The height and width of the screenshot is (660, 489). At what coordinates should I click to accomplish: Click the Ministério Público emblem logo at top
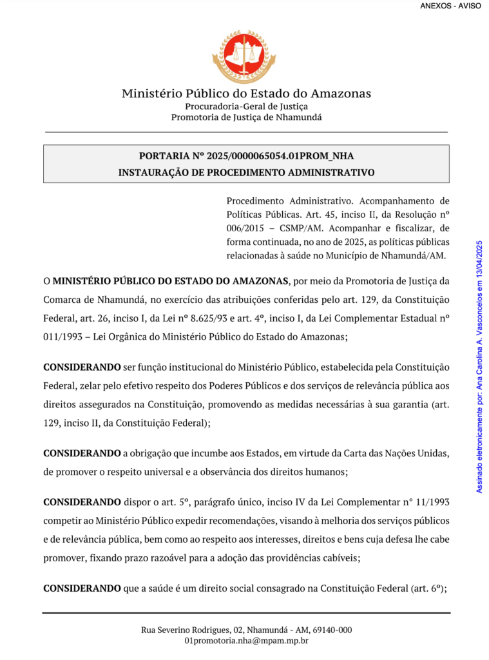click(244, 56)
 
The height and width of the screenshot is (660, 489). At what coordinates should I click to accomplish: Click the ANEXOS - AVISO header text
click(450, 6)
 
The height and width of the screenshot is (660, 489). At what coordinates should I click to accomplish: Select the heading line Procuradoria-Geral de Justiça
click(246, 106)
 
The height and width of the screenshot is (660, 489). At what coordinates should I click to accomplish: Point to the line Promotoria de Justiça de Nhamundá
click(246, 117)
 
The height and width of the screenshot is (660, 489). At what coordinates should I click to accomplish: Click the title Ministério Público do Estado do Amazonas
click(246, 93)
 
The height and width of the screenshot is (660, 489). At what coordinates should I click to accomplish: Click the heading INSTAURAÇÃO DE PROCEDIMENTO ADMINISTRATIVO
click(246, 173)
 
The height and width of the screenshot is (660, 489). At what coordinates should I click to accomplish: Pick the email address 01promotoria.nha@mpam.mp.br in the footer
click(246, 641)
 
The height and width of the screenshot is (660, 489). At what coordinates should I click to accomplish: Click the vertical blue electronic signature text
click(479, 367)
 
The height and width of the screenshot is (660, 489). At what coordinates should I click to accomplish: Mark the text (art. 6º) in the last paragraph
click(428, 588)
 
